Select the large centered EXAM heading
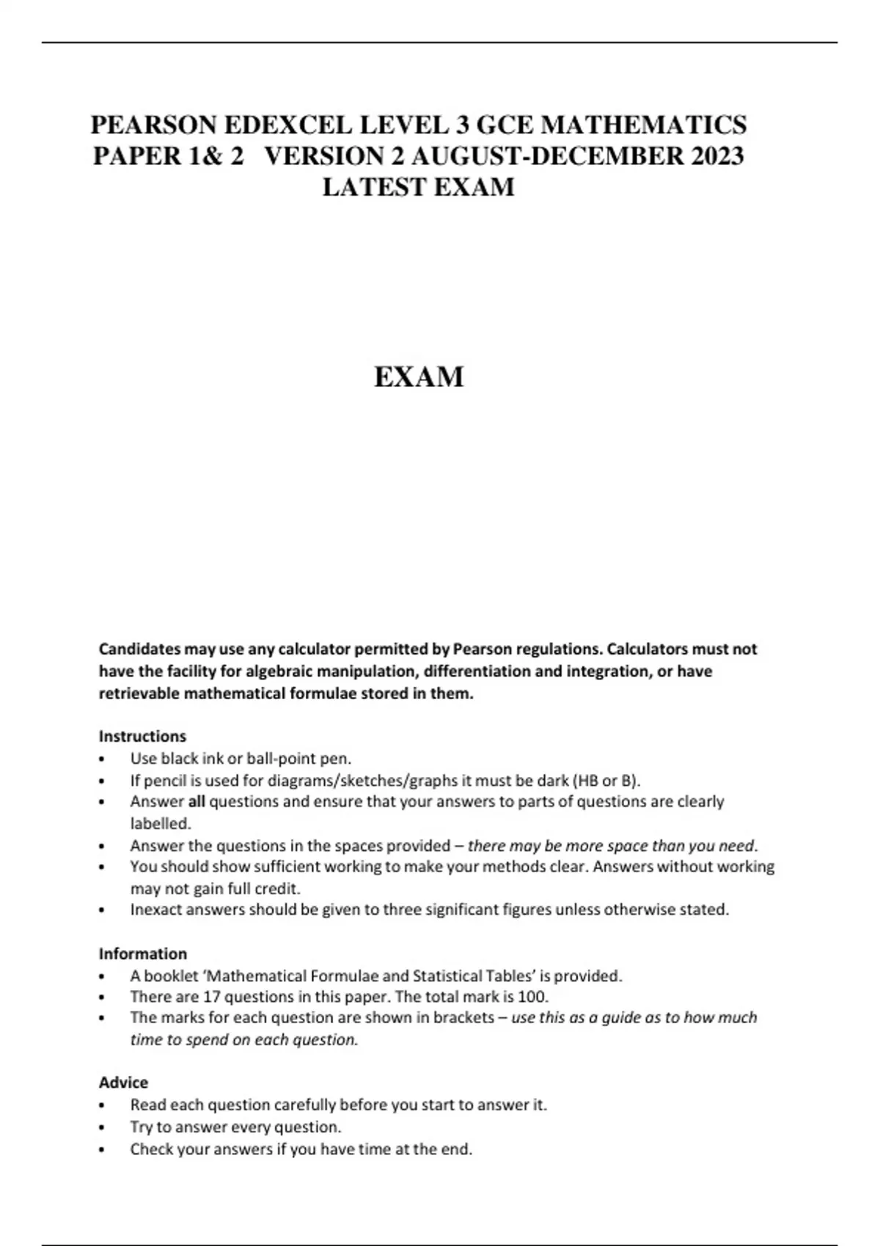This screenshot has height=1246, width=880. click(x=419, y=377)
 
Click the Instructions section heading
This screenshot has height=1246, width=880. click(x=142, y=736)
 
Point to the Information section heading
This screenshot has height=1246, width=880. click(x=143, y=954)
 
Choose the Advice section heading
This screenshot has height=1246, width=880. click(x=123, y=1083)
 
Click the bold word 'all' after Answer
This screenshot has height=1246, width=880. click(x=197, y=802)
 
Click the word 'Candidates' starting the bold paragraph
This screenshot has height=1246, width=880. click(x=139, y=649)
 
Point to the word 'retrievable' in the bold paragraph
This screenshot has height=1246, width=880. click(x=139, y=693)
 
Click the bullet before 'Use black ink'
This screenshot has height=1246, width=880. click(x=102, y=759)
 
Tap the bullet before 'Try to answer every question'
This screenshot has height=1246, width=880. click(x=102, y=1128)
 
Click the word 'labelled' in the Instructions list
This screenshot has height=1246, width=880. click(x=159, y=823)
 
